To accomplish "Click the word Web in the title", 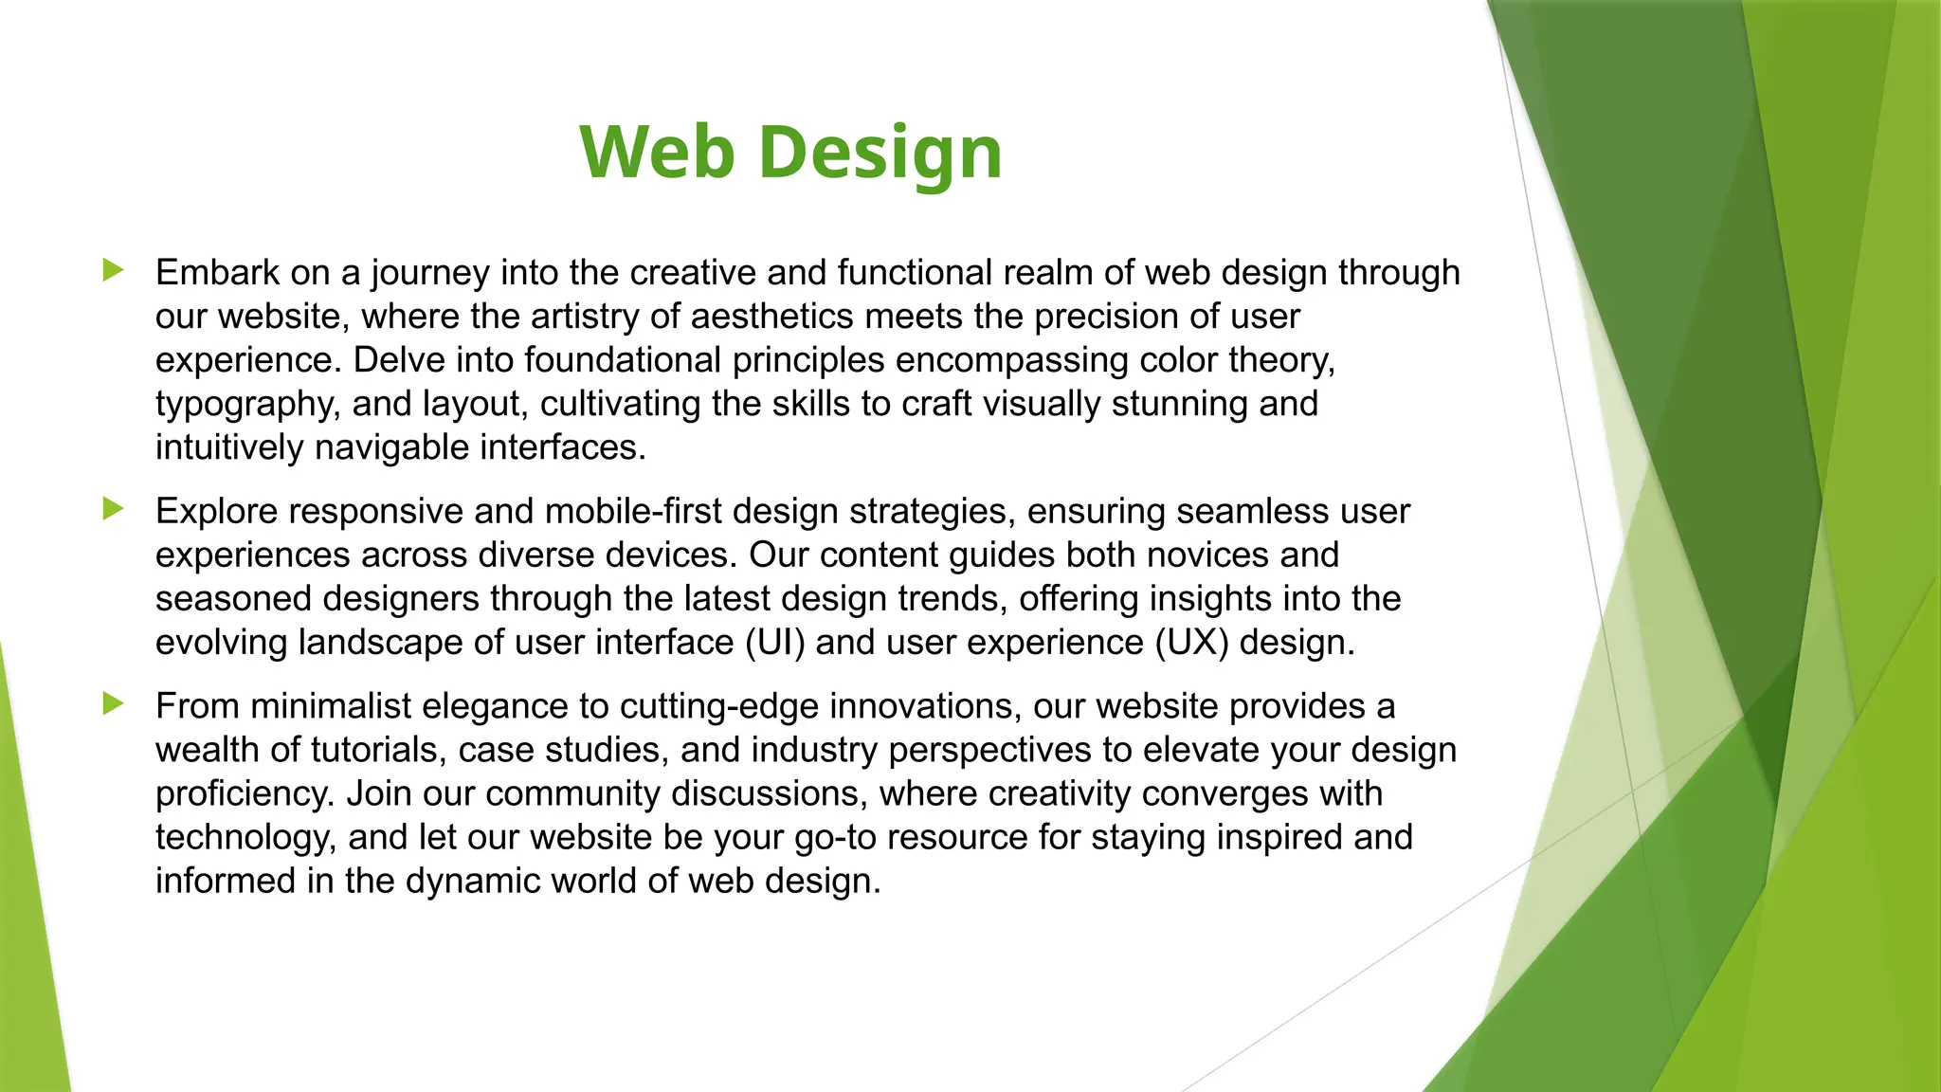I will click(x=657, y=152).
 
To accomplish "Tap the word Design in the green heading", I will click(x=880, y=154).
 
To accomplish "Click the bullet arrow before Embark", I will click(x=113, y=270).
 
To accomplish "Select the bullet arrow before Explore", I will click(x=113, y=509).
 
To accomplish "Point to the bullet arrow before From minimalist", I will click(x=113, y=704).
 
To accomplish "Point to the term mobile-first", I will click(x=633, y=512).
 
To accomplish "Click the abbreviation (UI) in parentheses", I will click(x=774, y=643).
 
